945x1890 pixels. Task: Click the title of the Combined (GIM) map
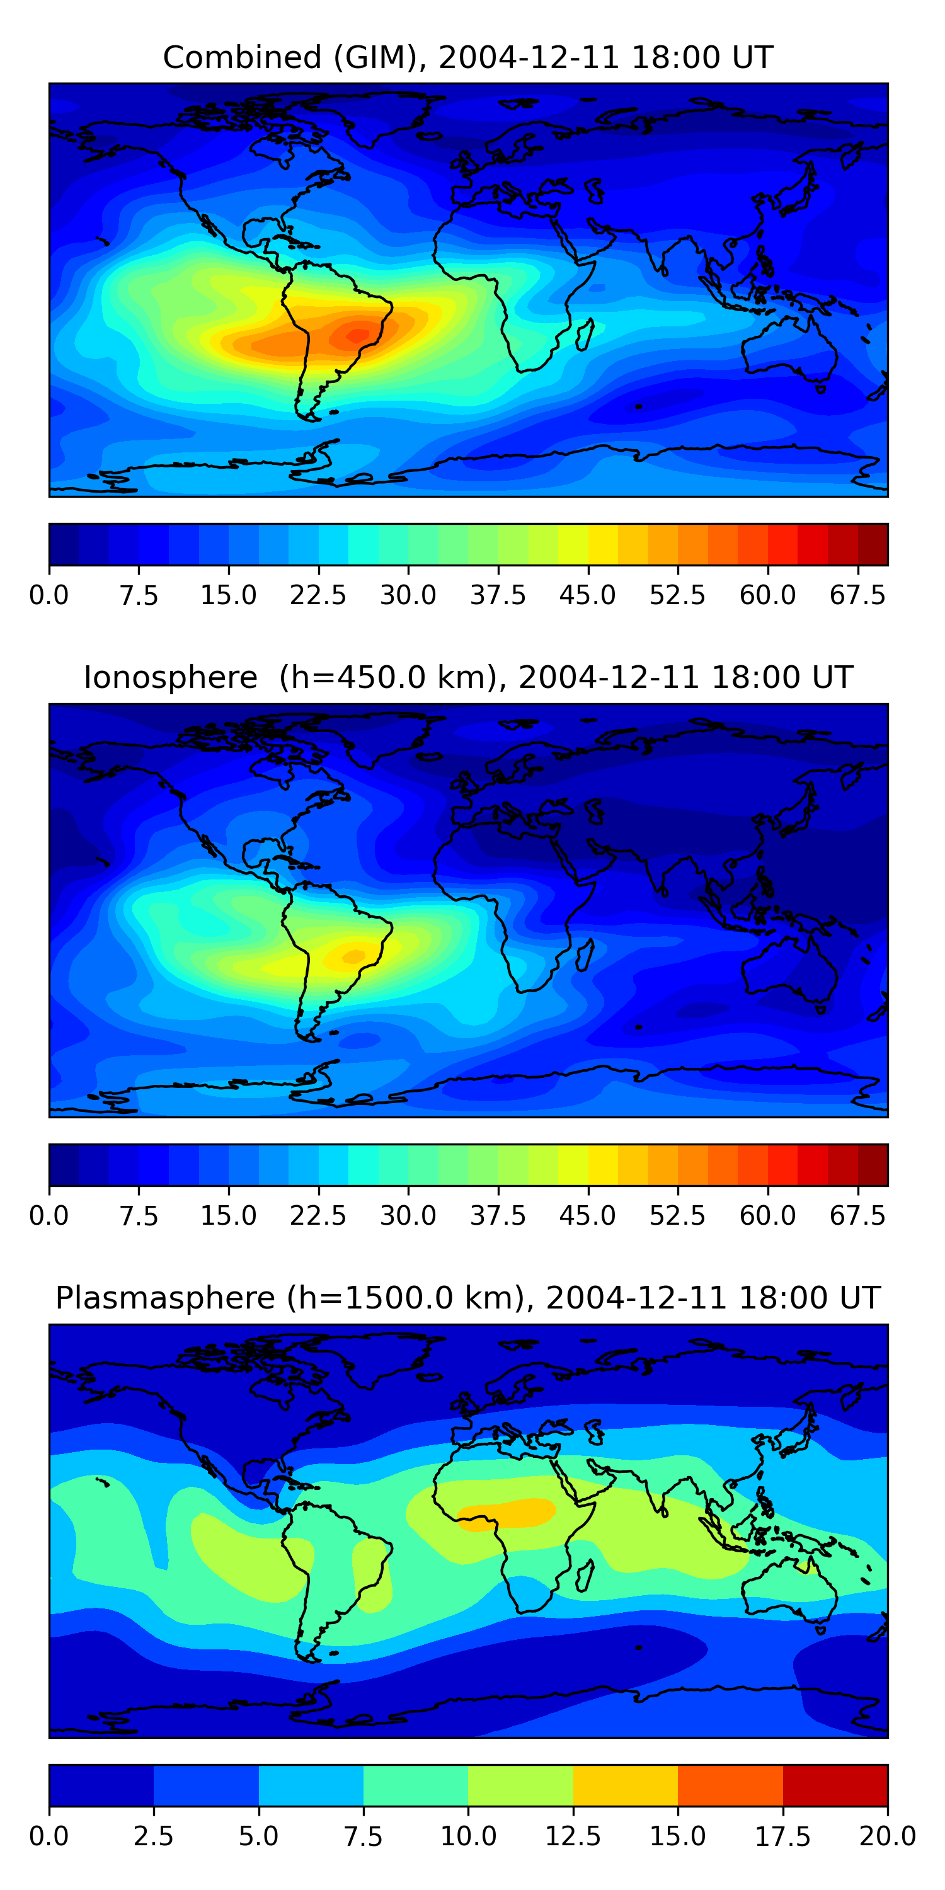(468, 57)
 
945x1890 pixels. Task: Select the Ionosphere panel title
(468, 677)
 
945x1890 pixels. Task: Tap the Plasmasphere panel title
(468, 1298)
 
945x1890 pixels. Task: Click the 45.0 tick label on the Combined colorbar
(588, 595)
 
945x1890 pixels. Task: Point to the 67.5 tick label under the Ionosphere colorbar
(857, 1216)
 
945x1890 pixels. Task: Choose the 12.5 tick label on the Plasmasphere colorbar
(573, 1836)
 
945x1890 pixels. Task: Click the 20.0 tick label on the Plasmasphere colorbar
(887, 1836)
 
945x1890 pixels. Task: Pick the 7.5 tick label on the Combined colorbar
(139, 595)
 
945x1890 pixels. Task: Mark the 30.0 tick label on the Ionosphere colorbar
(408, 1216)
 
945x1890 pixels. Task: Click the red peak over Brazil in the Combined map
(358, 335)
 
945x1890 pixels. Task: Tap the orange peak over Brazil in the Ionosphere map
(353, 956)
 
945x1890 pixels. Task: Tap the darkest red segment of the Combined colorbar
(873, 544)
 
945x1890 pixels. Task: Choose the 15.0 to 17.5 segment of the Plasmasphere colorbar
(730, 1785)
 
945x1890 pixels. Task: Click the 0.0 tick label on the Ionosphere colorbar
(49, 1216)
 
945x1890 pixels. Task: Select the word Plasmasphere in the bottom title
(165, 1298)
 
